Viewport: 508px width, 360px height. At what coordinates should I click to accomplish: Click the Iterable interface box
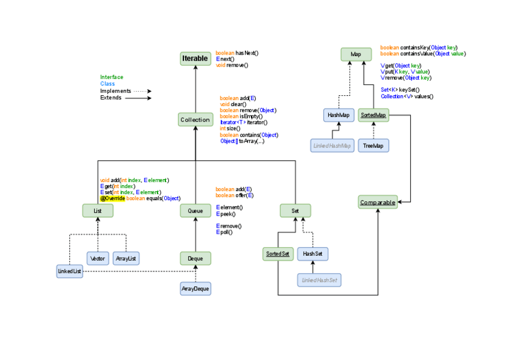coord(195,59)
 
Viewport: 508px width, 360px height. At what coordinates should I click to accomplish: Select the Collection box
coord(195,120)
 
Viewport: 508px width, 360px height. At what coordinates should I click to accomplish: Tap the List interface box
coord(98,210)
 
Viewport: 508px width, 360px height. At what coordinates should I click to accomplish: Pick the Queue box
coord(195,210)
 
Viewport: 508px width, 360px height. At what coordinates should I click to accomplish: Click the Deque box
coord(195,258)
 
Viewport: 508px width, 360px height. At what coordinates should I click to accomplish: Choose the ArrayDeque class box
coord(196,289)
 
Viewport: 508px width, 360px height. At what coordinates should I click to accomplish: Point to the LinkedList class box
coord(69,271)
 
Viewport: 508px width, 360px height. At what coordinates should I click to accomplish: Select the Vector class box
coord(98,258)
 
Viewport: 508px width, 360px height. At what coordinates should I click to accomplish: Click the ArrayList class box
coord(126,258)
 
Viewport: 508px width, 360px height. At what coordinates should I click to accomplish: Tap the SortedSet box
coord(277,254)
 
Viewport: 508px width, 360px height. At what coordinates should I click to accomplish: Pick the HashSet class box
coord(313,254)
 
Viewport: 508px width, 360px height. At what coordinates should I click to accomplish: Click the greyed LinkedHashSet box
coord(319,279)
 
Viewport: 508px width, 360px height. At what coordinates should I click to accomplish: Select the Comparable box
coord(377,202)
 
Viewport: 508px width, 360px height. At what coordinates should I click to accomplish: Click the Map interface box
coord(356,55)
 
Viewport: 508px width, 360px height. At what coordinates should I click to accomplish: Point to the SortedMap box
coord(373,115)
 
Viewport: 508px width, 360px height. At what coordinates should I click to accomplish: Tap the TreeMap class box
coord(373,146)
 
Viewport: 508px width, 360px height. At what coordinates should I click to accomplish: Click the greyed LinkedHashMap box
coord(332,146)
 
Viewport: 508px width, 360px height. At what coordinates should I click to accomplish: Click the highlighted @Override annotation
coord(112,198)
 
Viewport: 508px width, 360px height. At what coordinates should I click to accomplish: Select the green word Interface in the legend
coord(111,77)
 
